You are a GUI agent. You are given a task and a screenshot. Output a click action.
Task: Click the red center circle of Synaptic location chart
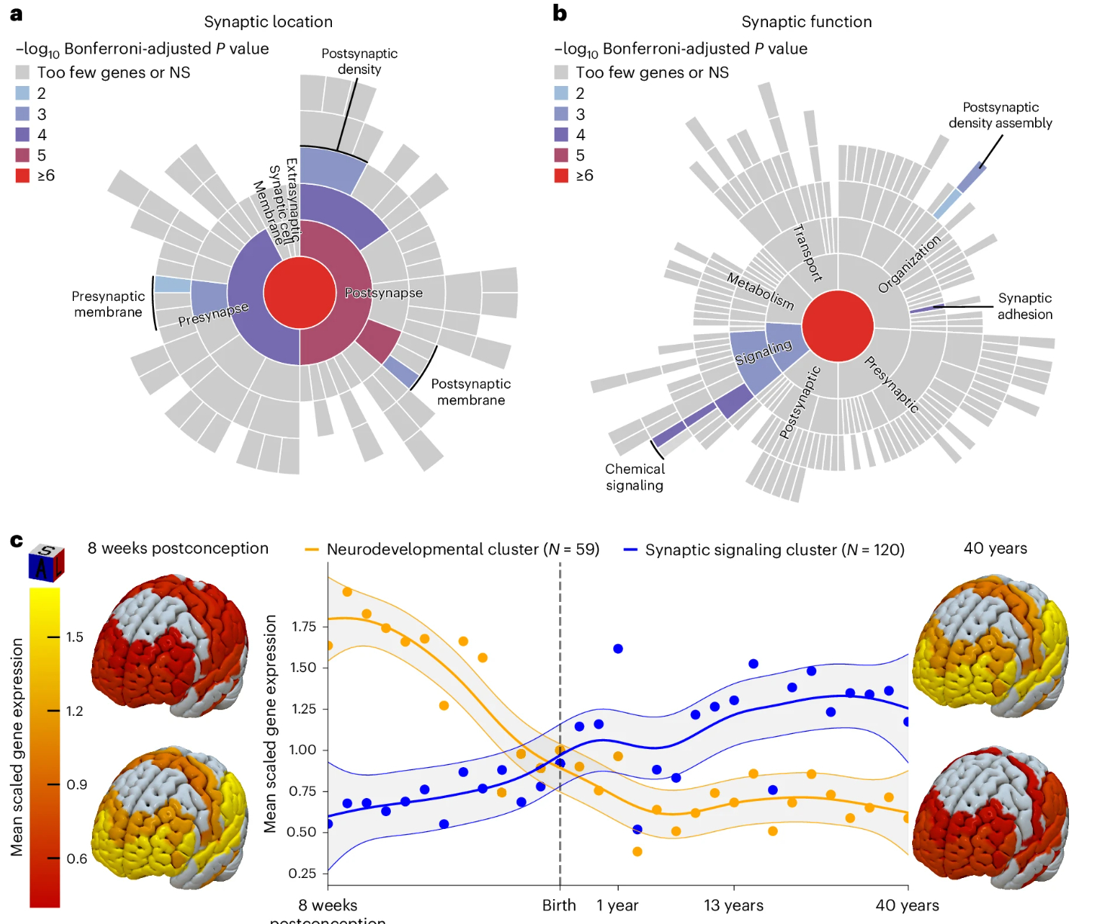pos(300,293)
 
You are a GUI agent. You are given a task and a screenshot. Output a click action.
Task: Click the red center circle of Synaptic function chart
pos(837,327)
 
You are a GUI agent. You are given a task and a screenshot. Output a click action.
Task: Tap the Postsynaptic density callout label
pos(359,61)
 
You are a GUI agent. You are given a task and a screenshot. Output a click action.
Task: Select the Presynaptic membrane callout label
pos(108,304)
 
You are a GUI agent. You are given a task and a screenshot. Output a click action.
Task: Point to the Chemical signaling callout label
pos(634,477)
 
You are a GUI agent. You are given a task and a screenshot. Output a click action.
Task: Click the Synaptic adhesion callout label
pos(1025,306)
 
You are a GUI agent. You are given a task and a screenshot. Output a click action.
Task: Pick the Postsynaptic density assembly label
pos(1000,115)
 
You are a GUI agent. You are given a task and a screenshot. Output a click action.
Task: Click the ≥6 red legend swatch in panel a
pos(23,176)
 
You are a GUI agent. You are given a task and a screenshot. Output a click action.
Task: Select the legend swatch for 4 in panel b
pos(561,134)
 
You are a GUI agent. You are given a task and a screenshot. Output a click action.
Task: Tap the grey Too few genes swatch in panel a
pos(23,72)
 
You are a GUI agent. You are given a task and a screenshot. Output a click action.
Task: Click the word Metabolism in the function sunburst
pos(760,291)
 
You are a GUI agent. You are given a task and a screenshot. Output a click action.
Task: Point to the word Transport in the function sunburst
pos(807,253)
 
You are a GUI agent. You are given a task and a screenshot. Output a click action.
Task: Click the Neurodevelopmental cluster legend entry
pos(453,549)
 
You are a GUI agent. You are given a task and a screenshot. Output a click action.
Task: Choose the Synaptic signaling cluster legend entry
pos(764,550)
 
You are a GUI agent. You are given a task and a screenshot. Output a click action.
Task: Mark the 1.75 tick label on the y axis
pos(303,626)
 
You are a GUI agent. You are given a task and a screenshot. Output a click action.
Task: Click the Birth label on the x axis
pos(559,905)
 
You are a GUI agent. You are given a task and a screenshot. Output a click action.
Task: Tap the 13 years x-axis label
pos(733,905)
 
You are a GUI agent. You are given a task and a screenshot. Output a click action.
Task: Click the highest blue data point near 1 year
pos(618,649)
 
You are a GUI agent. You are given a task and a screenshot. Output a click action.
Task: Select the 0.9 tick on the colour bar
pos(76,784)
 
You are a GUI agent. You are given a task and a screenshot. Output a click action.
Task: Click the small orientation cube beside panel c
pos(46,563)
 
